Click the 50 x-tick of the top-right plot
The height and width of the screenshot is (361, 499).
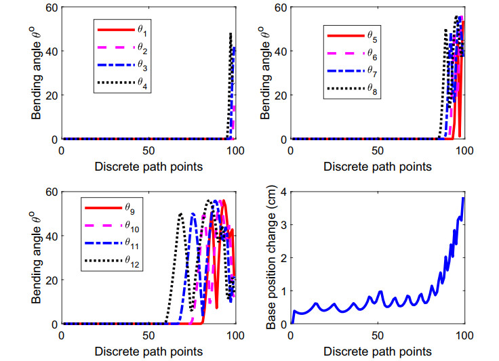377,149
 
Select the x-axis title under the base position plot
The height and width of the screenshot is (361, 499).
377,352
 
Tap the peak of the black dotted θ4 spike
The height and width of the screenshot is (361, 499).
231,33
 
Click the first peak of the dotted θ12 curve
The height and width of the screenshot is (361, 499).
181,214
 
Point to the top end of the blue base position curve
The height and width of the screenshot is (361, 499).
464,198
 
